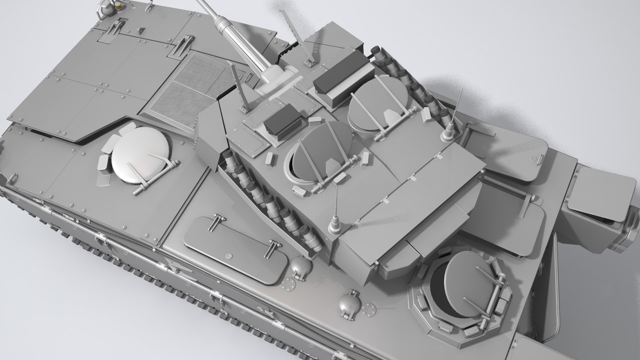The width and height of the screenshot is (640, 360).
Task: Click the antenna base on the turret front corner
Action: [x=334, y=227]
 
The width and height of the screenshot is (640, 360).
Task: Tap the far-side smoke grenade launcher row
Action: [x=410, y=80]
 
